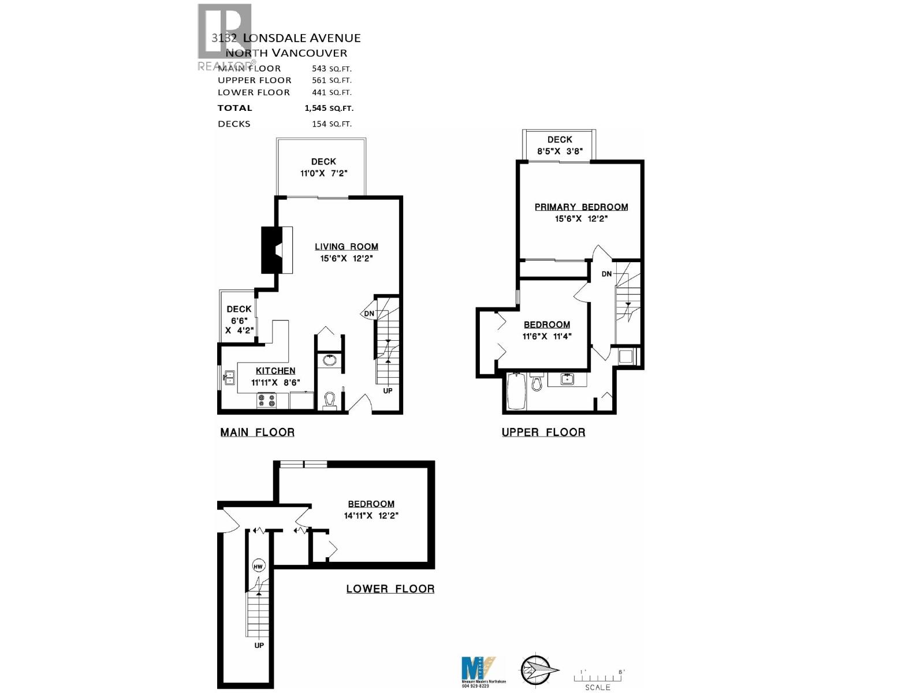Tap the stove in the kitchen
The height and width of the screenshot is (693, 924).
point(266,400)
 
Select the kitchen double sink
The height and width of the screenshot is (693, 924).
point(229,378)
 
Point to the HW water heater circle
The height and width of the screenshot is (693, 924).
point(258,567)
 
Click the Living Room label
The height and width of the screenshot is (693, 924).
point(346,247)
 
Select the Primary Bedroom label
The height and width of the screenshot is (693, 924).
point(581,207)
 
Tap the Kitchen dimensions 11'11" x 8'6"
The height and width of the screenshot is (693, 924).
point(275,382)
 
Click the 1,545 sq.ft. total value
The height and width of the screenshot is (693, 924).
point(329,108)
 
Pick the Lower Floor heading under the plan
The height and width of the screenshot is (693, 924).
point(390,589)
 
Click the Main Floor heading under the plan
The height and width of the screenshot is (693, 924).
point(258,433)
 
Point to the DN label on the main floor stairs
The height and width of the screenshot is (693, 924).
point(369,314)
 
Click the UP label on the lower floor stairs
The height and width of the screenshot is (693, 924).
point(259,645)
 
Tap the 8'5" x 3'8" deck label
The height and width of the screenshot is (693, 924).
point(560,151)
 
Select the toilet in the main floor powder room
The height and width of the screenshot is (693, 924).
point(330,400)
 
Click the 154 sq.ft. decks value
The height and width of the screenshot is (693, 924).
point(331,124)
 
